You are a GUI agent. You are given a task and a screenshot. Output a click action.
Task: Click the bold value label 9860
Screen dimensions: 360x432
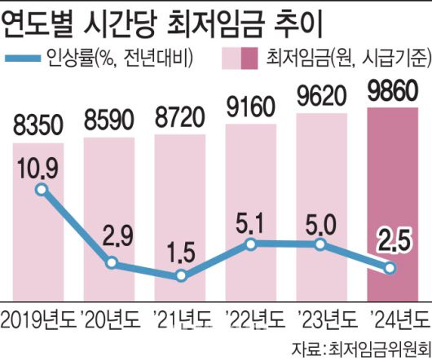(x=394, y=90)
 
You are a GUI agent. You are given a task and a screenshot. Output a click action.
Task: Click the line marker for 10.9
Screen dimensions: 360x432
(x=42, y=190)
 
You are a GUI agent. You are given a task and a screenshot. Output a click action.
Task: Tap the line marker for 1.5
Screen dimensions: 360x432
(x=181, y=277)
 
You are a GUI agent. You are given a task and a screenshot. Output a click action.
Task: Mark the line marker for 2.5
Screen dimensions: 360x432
(x=390, y=266)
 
